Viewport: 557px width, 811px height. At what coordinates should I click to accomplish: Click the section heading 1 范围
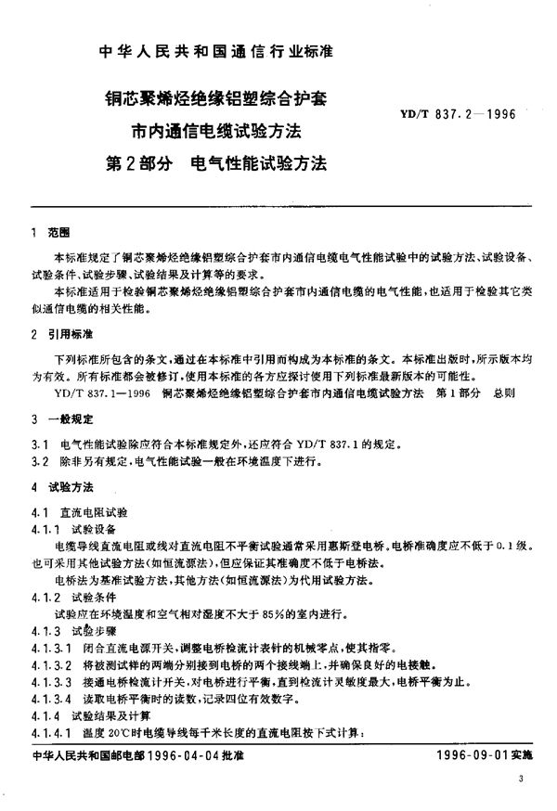[44, 232]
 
